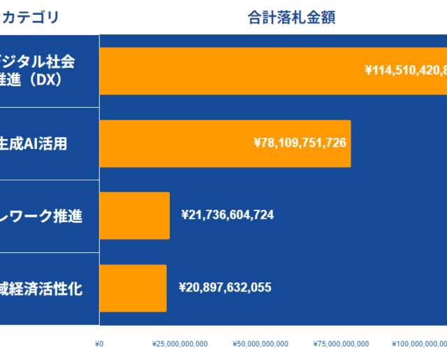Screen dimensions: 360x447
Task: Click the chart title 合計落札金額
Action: [291, 17]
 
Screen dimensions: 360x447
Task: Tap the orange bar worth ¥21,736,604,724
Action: [135, 215]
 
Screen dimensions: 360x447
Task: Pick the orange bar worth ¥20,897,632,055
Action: [133, 287]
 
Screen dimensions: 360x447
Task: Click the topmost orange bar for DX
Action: [230, 71]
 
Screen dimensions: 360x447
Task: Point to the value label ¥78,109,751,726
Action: [300, 143]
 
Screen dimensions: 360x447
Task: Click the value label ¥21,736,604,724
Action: [227, 215]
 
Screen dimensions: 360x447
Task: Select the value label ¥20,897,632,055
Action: [225, 287]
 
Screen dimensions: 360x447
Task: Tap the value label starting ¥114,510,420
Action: [406, 70]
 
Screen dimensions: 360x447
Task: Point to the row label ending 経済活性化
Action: [42, 288]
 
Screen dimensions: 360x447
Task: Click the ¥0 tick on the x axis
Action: [99, 343]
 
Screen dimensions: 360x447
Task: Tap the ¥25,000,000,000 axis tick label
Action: [179, 343]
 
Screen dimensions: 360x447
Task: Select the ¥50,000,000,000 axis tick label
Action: [260, 343]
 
